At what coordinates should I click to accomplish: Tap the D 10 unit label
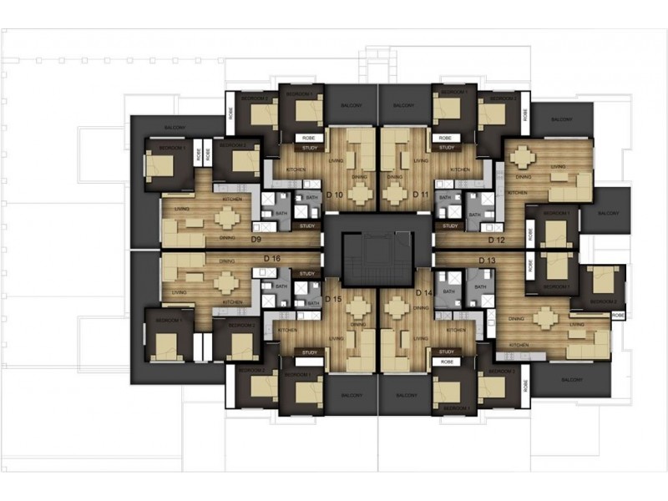tap(336, 195)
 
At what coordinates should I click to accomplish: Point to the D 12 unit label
tap(497, 240)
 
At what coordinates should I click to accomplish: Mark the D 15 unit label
tap(334, 298)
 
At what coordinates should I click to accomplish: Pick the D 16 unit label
tap(270, 258)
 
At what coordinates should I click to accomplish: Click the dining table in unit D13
tap(544, 317)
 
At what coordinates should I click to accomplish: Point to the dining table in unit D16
tap(225, 281)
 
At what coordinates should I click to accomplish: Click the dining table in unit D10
tap(360, 194)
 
